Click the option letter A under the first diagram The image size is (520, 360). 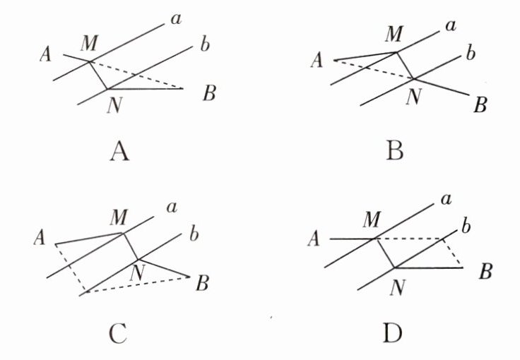(x=119, y=151)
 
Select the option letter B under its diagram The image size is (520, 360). (x=394, y=151)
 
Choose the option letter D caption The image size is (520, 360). (x=394, y=332)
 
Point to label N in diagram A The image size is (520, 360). (x=113, y=107)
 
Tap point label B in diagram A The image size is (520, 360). (x=208, y=94)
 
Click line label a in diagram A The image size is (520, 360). (x=175, y=20)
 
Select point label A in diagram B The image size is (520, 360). (x=317, y=62)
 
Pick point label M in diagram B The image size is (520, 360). (x=396, y=34)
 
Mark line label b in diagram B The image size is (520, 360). (x=467, y=54)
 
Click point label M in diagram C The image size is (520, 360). (x=118, y=215)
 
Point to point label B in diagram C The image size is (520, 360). (x=202, y=284)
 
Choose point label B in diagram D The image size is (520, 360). (x=485, y=272)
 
